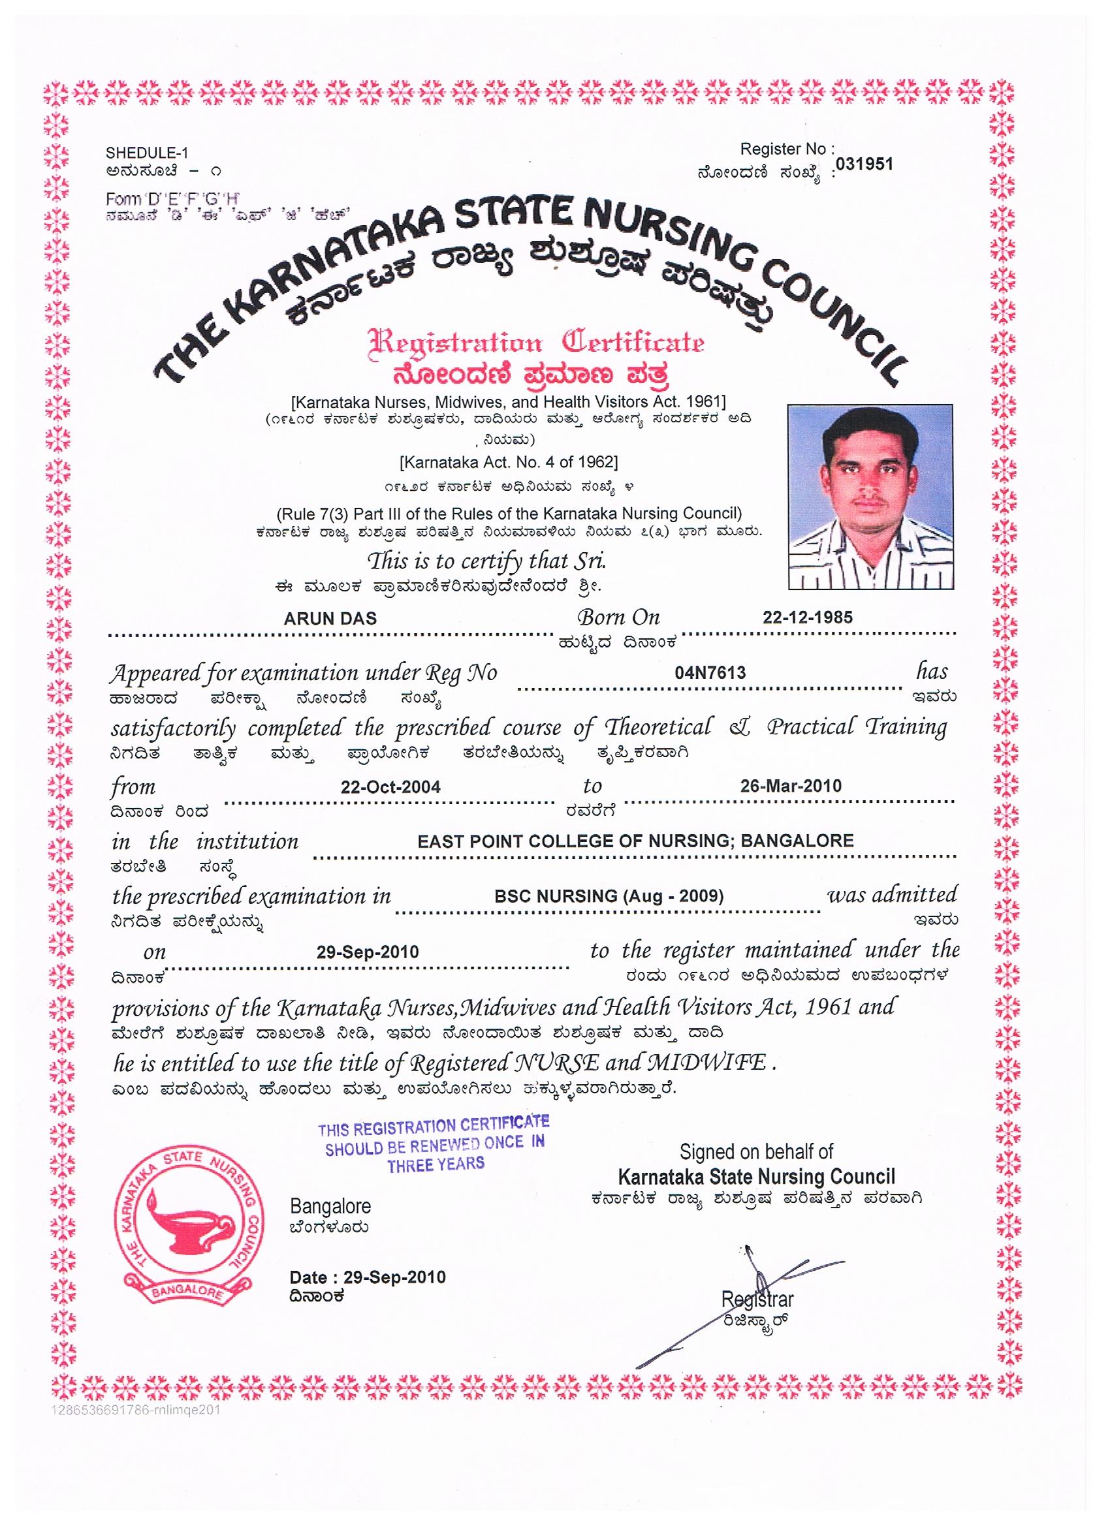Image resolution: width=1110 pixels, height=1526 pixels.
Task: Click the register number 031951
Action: pyautogui.click(x=864, y=165)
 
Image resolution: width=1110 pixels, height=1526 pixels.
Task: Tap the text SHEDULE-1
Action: pyautogui.click(x=147, y=153)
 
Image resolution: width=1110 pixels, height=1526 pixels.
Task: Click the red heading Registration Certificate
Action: pyautogui.click(x=536, y=343)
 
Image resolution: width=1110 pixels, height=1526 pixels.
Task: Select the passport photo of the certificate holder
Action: pyautogui.click(x=870, y=497)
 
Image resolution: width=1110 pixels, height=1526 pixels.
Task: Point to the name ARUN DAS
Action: pyautogui.click(x=330, y=619)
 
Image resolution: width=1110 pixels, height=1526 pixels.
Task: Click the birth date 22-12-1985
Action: pyautogui.click(x=807, y=617)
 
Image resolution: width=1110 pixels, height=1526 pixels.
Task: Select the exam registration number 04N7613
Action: pyautogui.click(x=710, y=672)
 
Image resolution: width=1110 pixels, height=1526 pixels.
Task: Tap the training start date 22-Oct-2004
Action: pyautogui.click(x=390, y=787)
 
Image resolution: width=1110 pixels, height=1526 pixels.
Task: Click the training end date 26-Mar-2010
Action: pyautogui.click(x=790, y=786)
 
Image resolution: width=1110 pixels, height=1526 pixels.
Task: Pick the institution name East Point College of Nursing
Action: pyautogui.click(x=635, y=841)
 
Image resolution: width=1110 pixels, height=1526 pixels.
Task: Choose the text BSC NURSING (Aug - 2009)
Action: pyautogui.click(x=609, y=896)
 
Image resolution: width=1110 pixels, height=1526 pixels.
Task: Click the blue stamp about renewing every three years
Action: pyautogui.click(x=434, y=1145)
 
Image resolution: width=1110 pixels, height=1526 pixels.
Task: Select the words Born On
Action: pyautogui.click(x=618, y=617)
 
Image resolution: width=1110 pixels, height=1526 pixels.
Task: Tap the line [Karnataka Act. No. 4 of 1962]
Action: pyautogui.click(x=508, y=462)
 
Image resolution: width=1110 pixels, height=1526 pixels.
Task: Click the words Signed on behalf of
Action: pyautogui.click(x=756, y=1152)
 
